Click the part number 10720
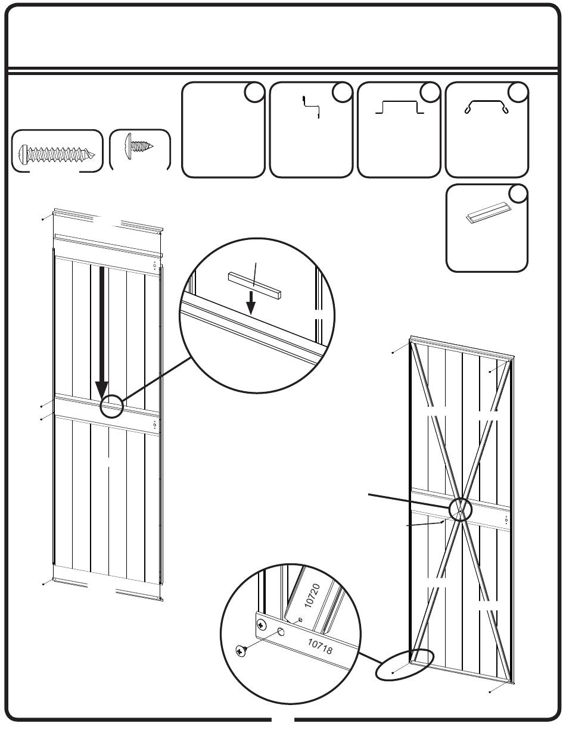click(x=312, y=595)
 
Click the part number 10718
click(x=320, y=646)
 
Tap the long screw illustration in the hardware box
click(x=57, y=154)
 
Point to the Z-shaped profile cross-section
click(x=311, y=107)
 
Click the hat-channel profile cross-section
click(x=399, y=107)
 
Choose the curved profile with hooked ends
click(x=486, y=107)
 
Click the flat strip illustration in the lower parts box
click(x=487, y=213)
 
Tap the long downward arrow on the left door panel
click(x=102, y=333)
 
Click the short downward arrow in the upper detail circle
click(x=251, y=303)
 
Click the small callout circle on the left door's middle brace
click(x=111, y=406)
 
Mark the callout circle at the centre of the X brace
click(x=461, y=510)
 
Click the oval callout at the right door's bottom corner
click(x=405, y=665)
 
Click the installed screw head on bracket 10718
click(x=261, y=624)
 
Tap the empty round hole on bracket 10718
click(x=281, y=632)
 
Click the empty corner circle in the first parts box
click(x=254, y=92)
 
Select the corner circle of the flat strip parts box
click(x=518, y=194)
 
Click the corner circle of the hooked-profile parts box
click(x=518, y=92)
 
